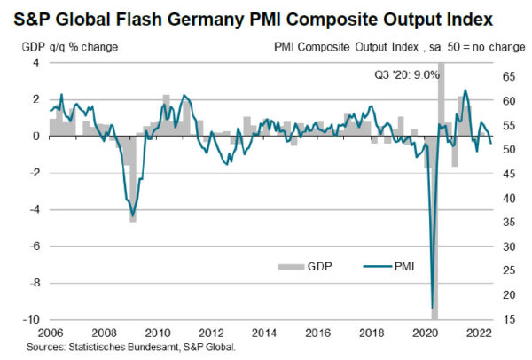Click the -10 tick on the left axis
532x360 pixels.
(29, 319)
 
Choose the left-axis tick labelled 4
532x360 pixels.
(35, 63)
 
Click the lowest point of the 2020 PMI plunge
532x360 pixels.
(433, 307)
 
